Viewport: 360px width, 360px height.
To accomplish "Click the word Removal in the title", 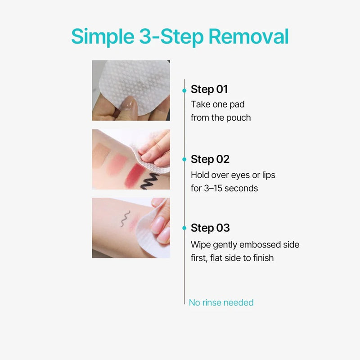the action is [249, 36].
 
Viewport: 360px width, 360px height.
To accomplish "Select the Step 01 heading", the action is [209, 89].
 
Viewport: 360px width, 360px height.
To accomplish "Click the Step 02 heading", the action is [210, 159].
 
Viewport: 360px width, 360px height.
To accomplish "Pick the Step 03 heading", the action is [210, 228].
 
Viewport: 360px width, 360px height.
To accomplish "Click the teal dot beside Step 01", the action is [184, 91].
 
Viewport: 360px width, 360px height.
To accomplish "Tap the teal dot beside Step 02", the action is [184, 159].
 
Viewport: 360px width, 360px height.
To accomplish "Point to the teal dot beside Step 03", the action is [184, 228].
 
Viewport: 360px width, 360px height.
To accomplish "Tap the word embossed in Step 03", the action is [260, 244].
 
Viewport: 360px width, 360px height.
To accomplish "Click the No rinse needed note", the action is [221, 302].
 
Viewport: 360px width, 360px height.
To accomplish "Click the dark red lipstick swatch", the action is [134, 175].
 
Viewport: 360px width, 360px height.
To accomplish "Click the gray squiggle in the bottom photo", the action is [125, 219].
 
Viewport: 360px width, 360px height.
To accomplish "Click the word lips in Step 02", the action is [269, 175].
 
